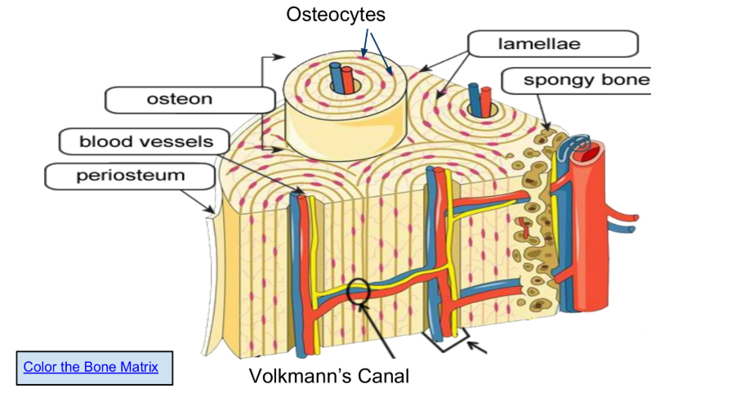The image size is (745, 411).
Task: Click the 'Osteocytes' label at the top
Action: point(336,15)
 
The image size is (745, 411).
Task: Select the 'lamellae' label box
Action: point(553,44)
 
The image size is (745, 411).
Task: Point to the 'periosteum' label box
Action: point(131,175)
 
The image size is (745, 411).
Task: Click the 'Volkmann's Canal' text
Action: point(328,376)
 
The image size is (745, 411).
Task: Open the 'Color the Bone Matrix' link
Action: point(91,366)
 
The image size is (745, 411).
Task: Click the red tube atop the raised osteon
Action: point(349,80)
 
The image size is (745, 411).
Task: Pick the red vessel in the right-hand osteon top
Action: point(486,98)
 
